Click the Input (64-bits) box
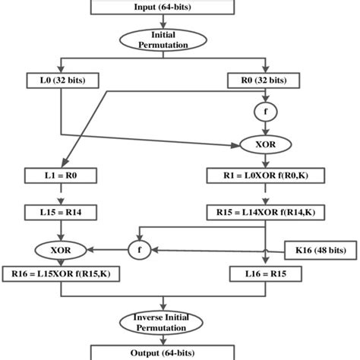[x=180, y=8]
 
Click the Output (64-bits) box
[x=180, y=352]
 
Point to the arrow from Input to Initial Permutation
[x=180, y=21]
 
